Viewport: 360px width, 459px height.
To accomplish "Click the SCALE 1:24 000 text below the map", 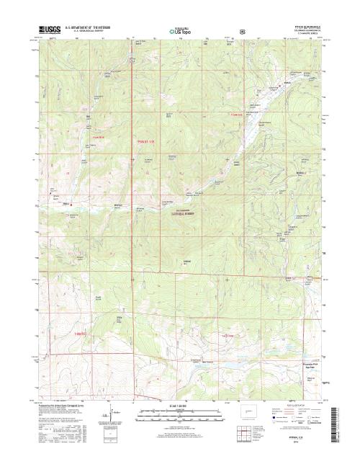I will point(180,406).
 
